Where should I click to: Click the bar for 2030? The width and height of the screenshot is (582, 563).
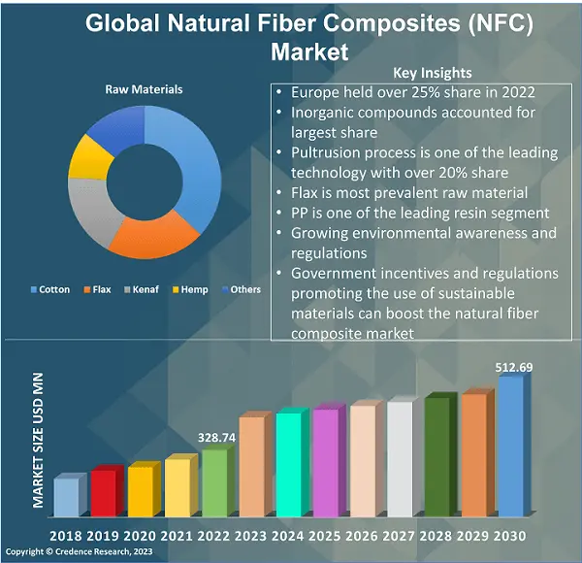pos(510,447)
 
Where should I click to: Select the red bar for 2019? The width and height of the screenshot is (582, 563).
pos(103,493)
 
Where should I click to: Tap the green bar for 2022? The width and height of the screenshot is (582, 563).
pos(213,483)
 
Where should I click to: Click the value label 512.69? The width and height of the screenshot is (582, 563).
pos(512,367)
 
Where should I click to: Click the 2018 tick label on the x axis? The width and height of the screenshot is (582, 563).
pos(65,537)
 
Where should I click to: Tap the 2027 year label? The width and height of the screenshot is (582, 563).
pos(399,537)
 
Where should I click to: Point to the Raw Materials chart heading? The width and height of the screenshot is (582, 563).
pos(144,89)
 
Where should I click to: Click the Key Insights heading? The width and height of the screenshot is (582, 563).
pos(432,73)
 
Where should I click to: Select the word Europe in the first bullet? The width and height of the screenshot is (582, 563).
pos(315,92)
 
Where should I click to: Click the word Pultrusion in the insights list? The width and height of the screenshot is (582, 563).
pos(328,153)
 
